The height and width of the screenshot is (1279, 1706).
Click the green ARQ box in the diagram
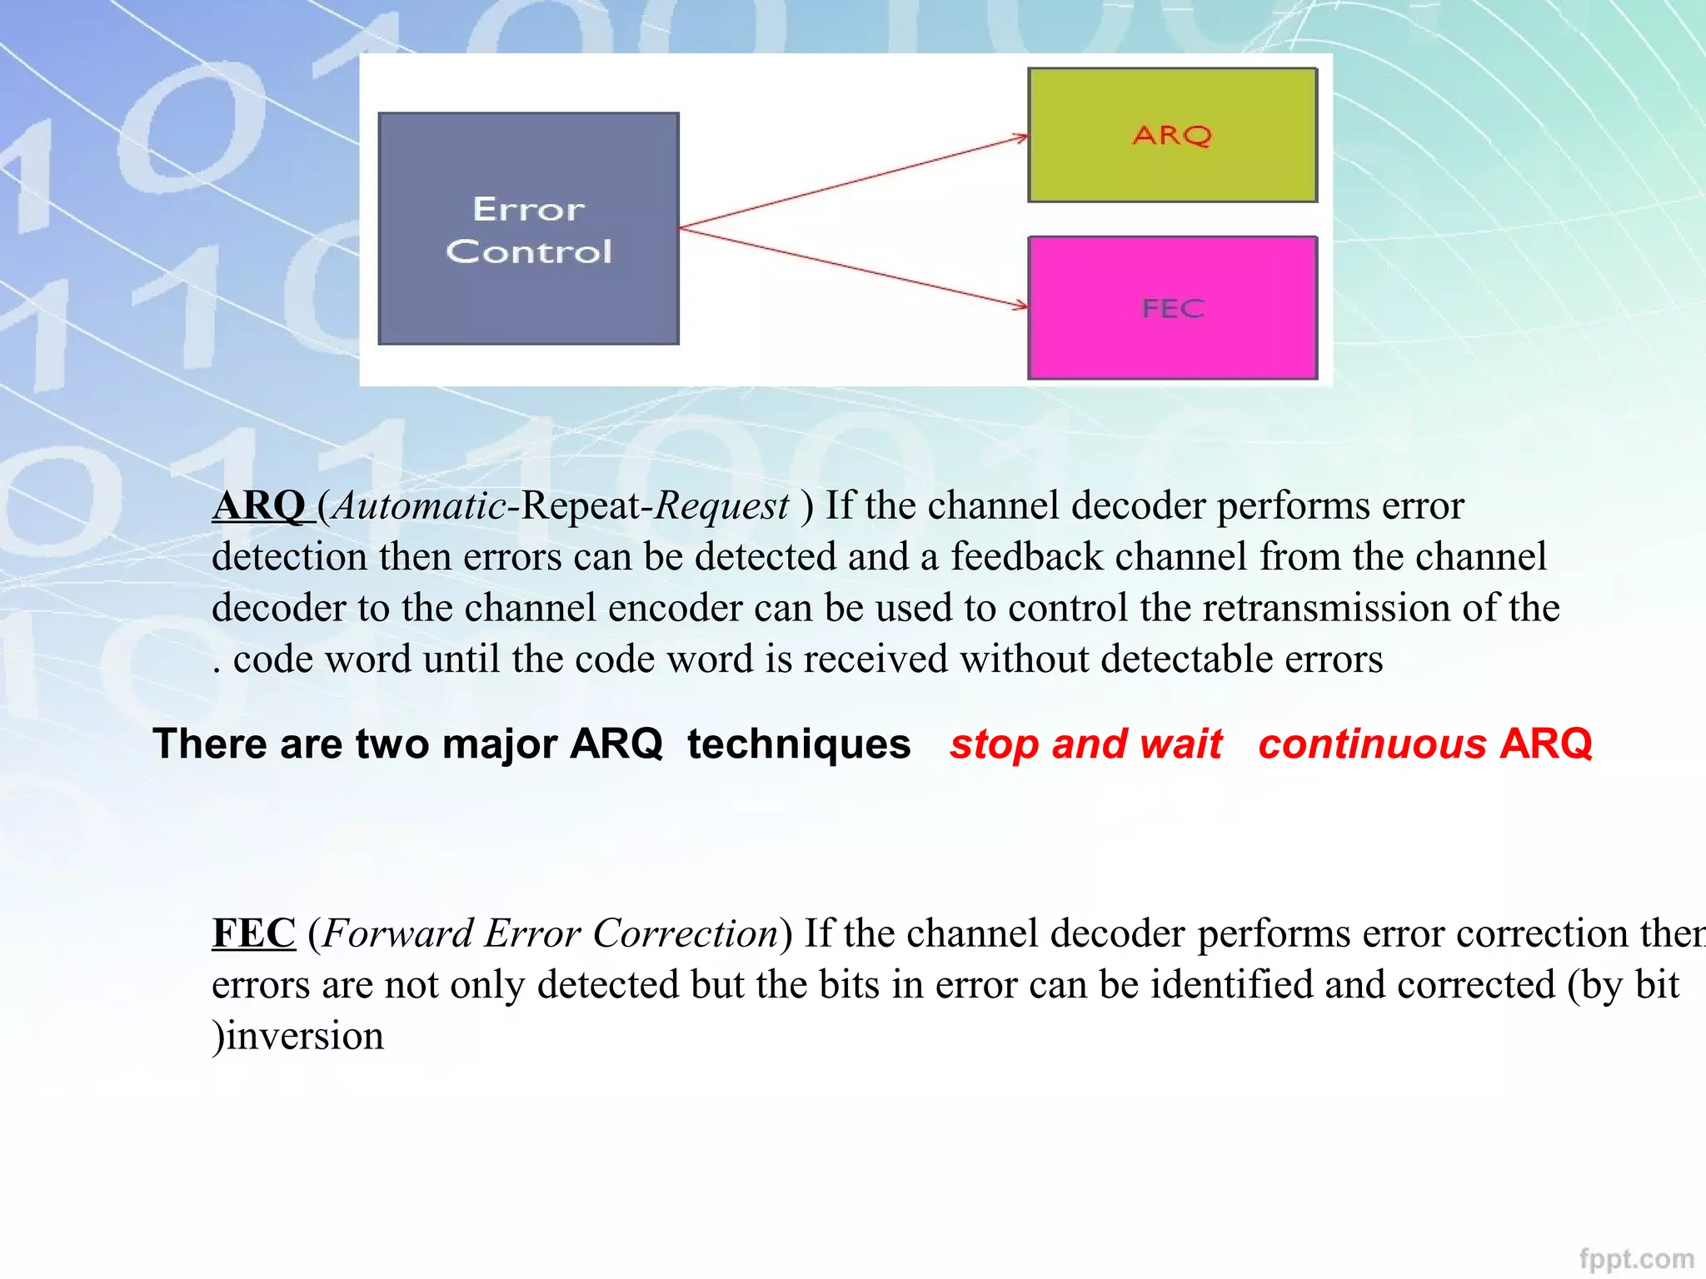pos(1172,135)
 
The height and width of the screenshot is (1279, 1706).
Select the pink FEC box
pos(1172,308)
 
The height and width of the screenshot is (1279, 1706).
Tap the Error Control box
pos(528,229)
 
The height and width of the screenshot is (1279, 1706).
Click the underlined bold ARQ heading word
pos(259,505)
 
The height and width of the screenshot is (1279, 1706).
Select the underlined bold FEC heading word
pos(253,933)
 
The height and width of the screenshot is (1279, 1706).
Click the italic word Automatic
pos(419,505)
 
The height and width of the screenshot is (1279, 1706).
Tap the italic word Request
pos(721,505)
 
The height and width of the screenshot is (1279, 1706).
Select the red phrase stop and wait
pos(1085,744)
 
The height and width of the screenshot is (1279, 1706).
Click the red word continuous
pos(1372,744)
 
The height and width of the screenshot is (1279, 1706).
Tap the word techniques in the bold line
pos(798,744)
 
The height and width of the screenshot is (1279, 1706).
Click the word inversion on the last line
pos(305,1036)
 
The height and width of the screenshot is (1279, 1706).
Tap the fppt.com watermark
pos(1636,1257)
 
